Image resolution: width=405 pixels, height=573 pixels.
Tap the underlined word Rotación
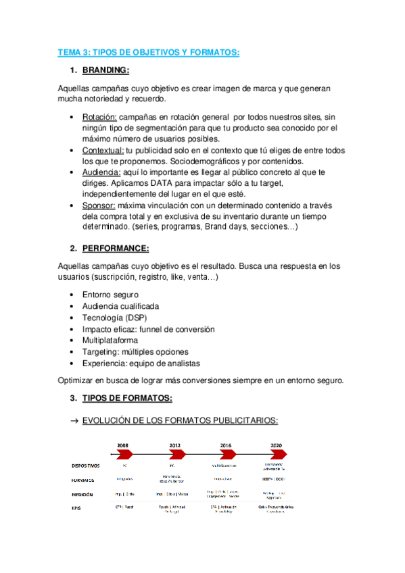coord(99,117)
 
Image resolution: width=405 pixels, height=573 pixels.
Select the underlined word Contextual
coord(103,149)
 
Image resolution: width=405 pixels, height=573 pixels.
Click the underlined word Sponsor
coord(99,205)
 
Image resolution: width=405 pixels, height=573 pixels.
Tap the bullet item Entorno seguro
coord(110,295)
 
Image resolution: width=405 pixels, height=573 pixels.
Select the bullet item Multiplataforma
coord(110,341)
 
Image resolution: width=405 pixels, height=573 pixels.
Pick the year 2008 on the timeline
coord(124,446)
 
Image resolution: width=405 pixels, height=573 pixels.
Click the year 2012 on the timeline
coord(176,446)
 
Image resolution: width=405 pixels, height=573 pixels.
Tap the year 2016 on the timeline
coord(227,446)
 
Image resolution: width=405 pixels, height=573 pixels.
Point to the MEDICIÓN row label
coord(82,494)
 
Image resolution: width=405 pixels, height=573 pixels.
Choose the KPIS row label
coord(78,509)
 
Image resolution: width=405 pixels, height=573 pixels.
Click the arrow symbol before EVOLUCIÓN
coord(74,420)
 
